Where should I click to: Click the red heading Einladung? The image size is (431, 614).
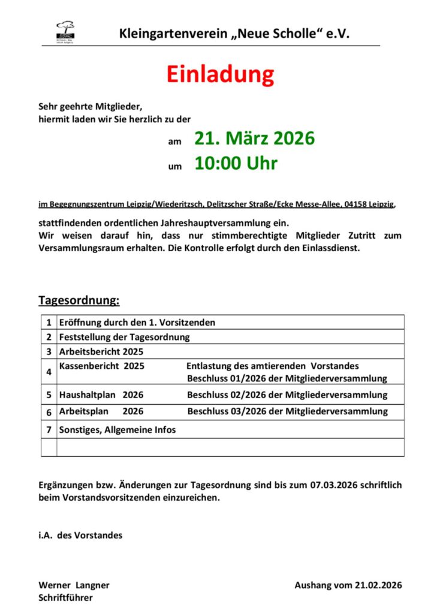tap(220, 74)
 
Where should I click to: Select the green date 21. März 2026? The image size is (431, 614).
tap(254, 139)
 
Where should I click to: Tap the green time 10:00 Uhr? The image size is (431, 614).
tap(236, 163)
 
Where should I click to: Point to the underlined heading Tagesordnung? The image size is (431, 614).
tap(79, 300)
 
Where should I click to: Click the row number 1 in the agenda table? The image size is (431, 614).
tap(49, 323)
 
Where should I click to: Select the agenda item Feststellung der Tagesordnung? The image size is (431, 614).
tap(124, 337)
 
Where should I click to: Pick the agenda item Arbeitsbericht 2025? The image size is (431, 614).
tap(101, 352)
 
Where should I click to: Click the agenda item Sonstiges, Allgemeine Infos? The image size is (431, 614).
tap(117, 429)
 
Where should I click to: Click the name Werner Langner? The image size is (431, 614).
tap(74, 585)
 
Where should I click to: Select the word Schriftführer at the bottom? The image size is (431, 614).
tap(66, 598)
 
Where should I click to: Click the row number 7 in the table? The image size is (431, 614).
tap(49, 429)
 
